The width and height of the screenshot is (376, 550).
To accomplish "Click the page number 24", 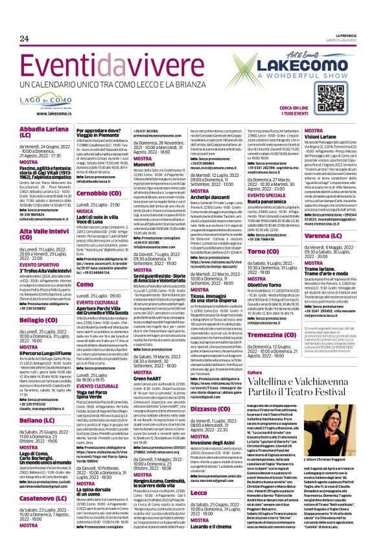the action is tap(23, 38).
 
